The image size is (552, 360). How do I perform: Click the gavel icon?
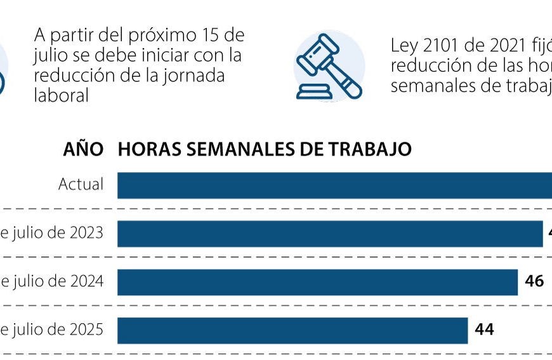(x=329, y=67)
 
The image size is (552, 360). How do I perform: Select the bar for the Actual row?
(x=334, y=185)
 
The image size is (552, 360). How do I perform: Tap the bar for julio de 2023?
(x=330, y=234)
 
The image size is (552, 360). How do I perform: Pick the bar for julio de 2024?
(x=317, y=282)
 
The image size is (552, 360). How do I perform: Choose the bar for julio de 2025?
(x=292, y=330)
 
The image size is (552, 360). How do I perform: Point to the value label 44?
(x=484, y=330)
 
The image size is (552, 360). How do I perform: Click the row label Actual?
(x=81, y=185)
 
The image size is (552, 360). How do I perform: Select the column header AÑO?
(x=83, y=149)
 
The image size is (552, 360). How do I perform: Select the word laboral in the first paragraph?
(x=61, y=95)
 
